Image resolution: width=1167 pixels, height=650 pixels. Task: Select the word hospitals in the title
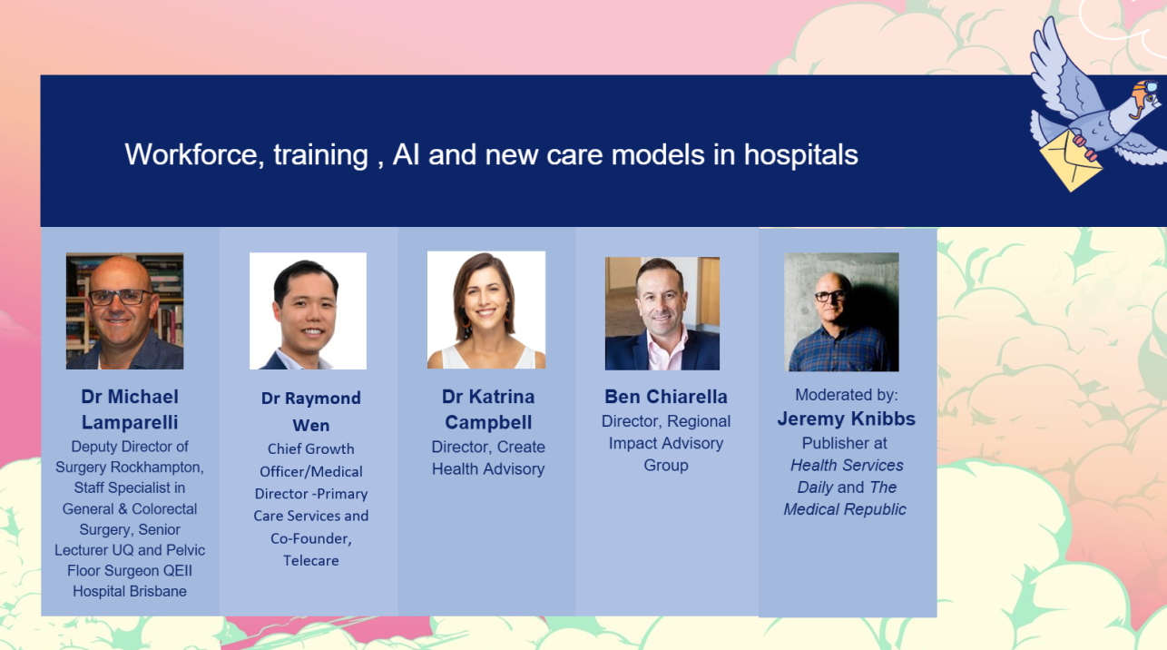800,156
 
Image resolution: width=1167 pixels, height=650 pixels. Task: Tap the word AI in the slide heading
406,155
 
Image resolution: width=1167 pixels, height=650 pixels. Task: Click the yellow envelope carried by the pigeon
1071,161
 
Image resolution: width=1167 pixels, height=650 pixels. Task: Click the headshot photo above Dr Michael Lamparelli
124,311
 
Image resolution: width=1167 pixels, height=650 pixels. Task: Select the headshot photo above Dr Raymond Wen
308,311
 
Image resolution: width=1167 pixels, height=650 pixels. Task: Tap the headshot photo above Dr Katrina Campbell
486,310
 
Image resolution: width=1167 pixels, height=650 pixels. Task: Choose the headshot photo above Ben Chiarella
662,313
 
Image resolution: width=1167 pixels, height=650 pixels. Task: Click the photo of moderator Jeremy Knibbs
842,312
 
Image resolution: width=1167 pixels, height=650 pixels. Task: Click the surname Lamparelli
130,422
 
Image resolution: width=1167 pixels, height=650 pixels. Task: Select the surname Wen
311,426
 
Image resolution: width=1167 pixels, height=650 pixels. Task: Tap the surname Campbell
488,422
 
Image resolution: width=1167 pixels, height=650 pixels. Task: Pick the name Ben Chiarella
666,397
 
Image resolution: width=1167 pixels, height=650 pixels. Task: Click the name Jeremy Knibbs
846,419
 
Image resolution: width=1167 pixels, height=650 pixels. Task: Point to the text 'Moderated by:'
847,395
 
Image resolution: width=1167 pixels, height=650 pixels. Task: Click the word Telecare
311,561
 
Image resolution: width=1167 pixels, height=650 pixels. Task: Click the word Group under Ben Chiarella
666,466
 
